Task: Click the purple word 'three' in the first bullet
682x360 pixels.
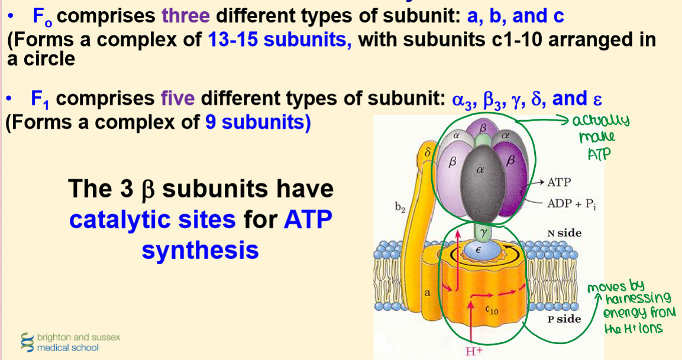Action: [x=186, y=16]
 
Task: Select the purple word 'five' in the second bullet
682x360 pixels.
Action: [x=177, y=99]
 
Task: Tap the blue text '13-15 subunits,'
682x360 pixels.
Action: [x=280, y=39]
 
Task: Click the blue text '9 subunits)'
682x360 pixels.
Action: [x=258, y=122]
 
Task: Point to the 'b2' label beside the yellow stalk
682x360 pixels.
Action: [x=400, y=208]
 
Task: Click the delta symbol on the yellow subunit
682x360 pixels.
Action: [x=427, y=153]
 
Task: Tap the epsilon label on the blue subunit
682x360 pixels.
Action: [x=478, y=250]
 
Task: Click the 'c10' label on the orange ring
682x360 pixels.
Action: [x=492, y=310]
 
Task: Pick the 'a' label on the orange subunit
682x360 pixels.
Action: [x=427, y=293]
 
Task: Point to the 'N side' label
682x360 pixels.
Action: [x=564, y=233]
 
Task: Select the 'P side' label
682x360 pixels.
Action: [x=564, y=319]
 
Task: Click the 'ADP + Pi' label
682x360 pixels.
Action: [x=571, y=203]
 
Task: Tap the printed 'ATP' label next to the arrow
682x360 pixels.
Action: [x=559, y=182]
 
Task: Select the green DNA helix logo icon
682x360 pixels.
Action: [x=27, y=342]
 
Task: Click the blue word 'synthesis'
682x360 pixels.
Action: [x=200, y=250]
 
